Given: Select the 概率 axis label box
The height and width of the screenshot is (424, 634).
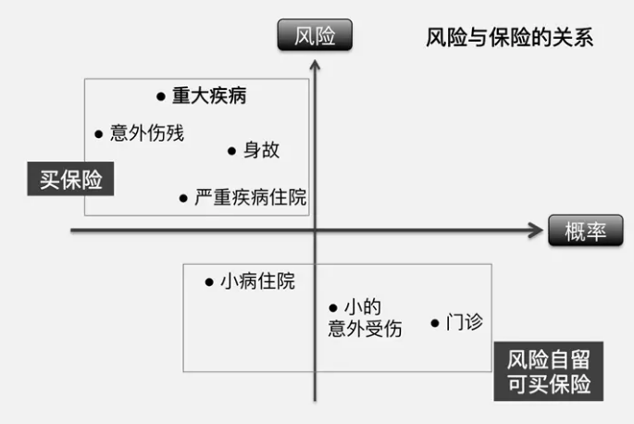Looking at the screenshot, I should coord(586,232).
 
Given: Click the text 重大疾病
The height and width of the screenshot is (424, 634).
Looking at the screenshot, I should coord(209,95).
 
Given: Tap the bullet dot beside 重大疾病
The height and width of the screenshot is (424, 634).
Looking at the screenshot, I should coord(160,95).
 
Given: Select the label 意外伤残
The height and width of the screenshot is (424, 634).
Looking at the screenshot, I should coord(147,133).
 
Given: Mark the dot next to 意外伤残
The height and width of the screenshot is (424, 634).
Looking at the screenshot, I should coord(98,134).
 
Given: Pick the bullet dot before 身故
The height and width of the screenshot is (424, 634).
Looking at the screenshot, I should coord(231,151).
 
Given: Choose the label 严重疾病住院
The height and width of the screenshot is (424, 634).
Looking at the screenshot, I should coord(251,197).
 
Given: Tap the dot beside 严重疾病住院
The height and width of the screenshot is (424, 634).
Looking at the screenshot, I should coord(183,198).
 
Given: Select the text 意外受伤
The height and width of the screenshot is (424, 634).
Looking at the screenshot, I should coord(365,329).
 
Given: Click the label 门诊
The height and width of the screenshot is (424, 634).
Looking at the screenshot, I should coord(464,322).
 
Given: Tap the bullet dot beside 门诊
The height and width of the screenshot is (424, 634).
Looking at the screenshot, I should coord(434,323).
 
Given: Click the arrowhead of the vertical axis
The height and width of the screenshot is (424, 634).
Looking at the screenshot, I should coord(316,65).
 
